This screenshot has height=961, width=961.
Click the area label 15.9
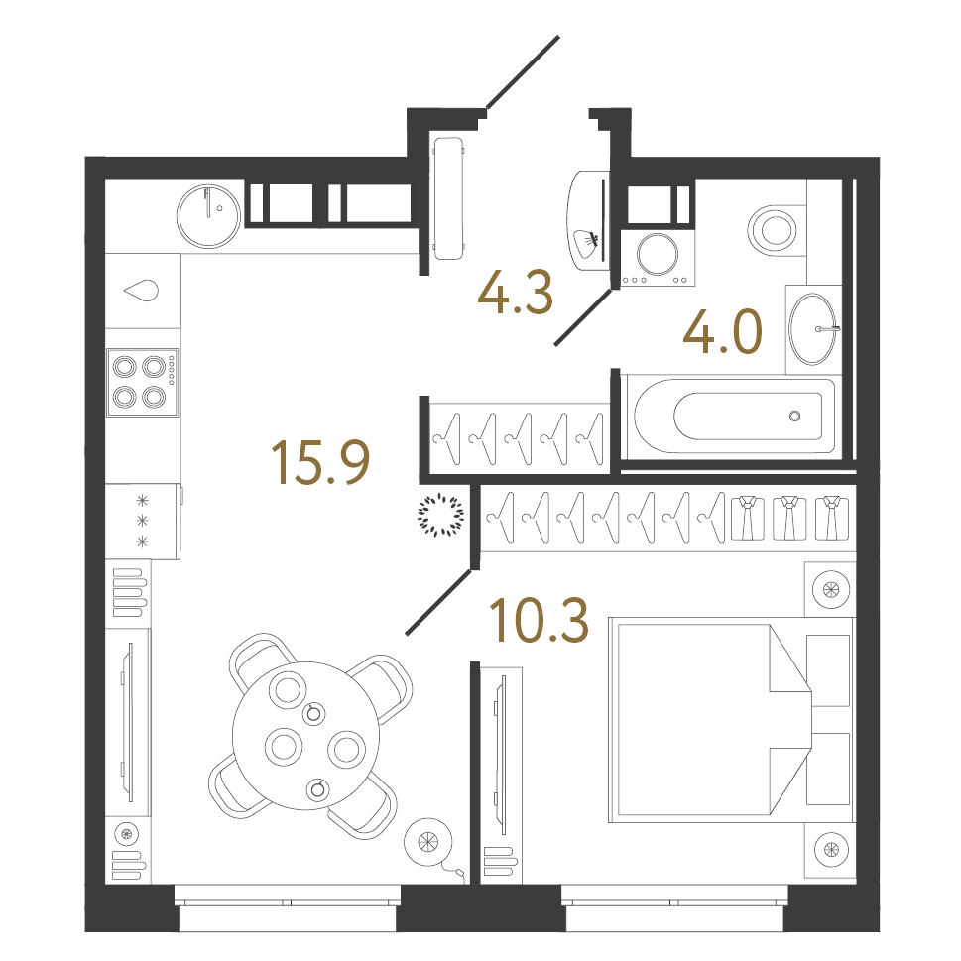click(320, 464)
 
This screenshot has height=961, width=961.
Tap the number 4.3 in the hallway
click(514, 294)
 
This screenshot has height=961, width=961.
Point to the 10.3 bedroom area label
click(540, 620)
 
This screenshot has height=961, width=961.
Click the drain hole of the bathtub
click(793, 416)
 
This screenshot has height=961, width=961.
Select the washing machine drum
click(655, 253)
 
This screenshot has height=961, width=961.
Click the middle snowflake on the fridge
click(141, 520)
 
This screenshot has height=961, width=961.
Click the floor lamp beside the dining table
click(428, 841)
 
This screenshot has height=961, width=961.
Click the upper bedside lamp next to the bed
click(830, 590)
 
